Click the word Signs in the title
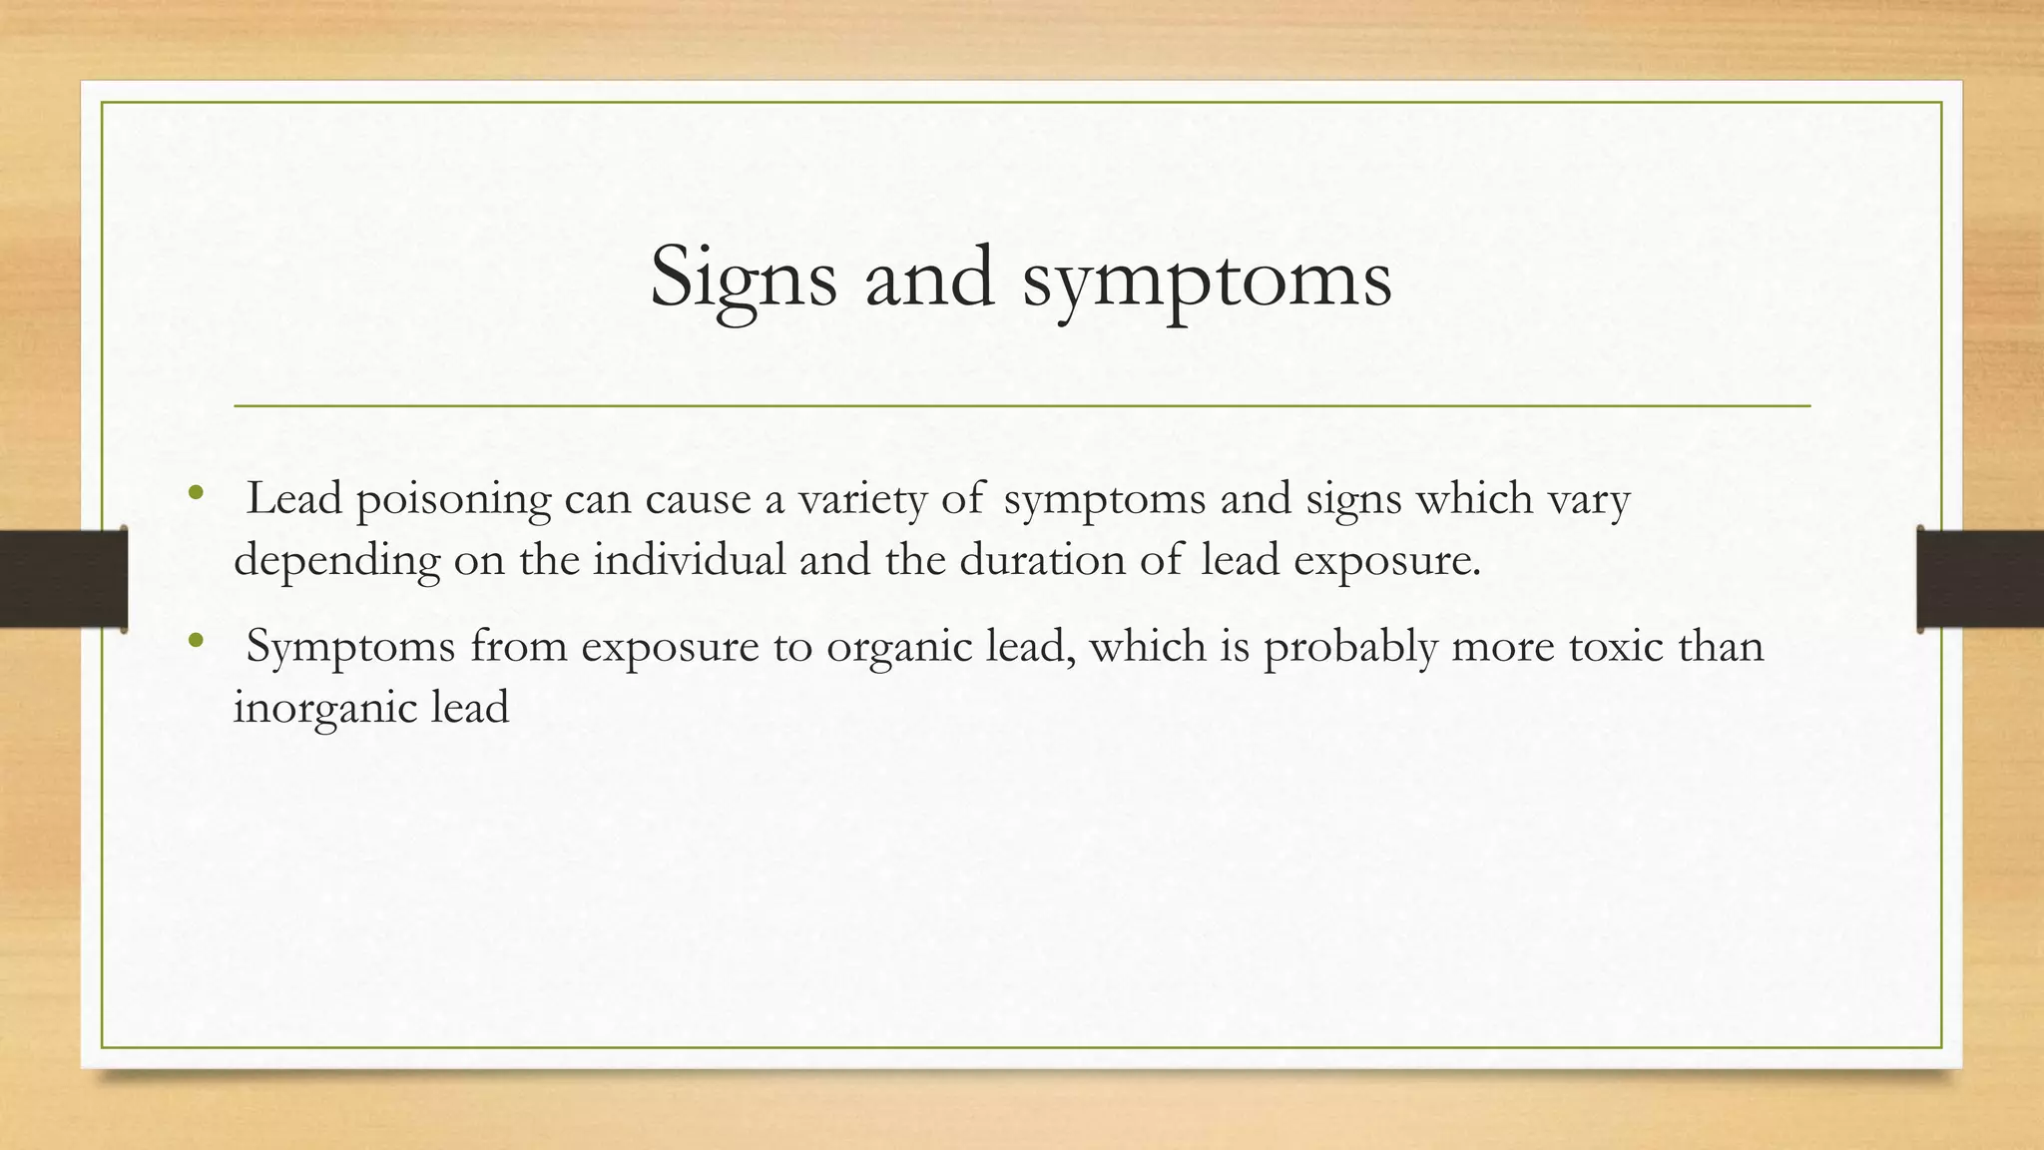pos(743,278)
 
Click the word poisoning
pos(453,500)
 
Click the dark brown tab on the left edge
pos(63,579)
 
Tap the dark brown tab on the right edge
pos(1979,579)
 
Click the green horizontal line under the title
pos(1022,406)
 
